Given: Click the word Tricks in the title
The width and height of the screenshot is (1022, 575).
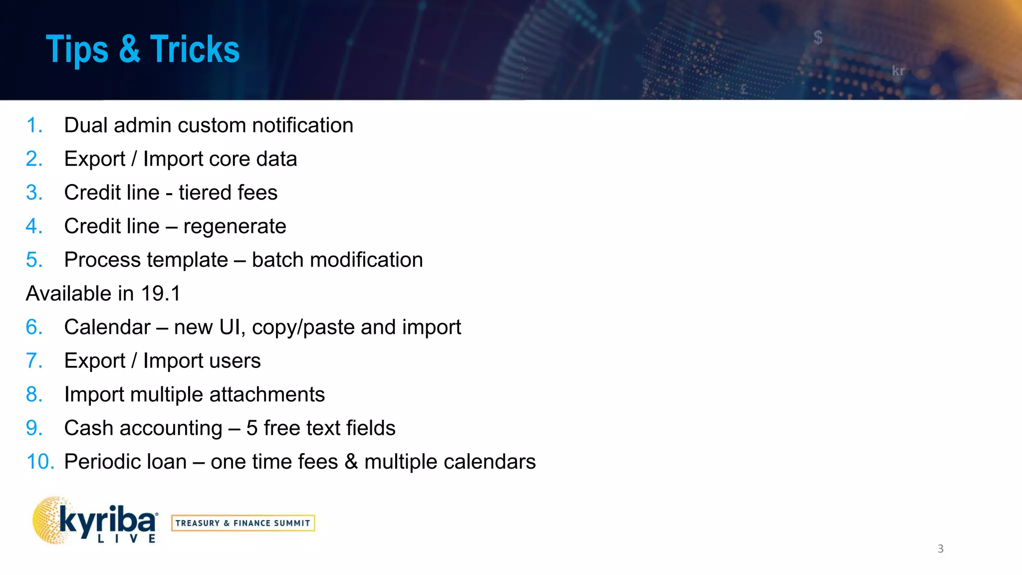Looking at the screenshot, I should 195,49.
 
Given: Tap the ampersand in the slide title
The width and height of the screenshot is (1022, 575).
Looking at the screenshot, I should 129,49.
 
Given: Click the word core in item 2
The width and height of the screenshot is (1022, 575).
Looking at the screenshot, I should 230,159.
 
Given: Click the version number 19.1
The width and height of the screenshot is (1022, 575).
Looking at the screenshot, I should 161,293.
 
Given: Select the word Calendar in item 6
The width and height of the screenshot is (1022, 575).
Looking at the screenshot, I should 107,327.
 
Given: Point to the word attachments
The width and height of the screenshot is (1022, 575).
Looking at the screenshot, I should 267,395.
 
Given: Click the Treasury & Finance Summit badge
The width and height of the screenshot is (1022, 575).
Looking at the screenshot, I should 243,523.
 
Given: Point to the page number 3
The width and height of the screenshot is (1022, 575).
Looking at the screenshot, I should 940,549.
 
